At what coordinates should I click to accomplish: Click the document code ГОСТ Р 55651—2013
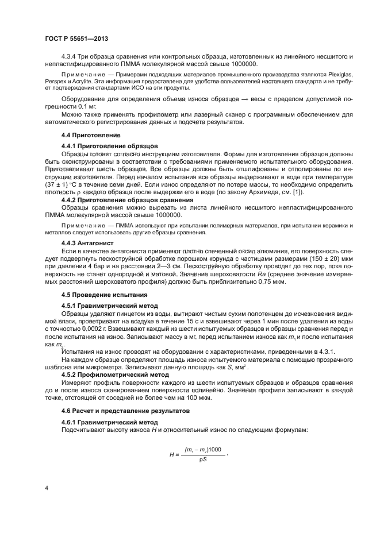coord(76,38)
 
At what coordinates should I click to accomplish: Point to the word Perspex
coord(56,82)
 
